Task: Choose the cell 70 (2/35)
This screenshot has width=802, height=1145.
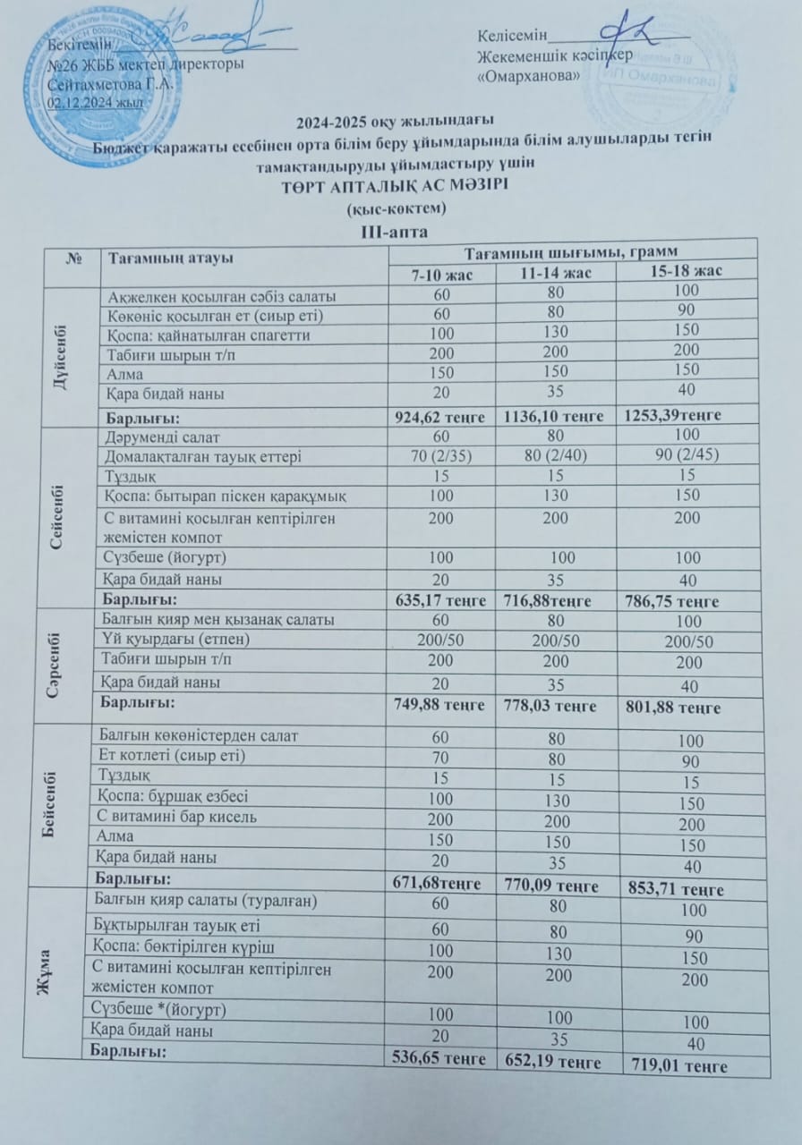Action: point(439,456)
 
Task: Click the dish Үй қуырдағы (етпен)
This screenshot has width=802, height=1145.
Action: point(177,640)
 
